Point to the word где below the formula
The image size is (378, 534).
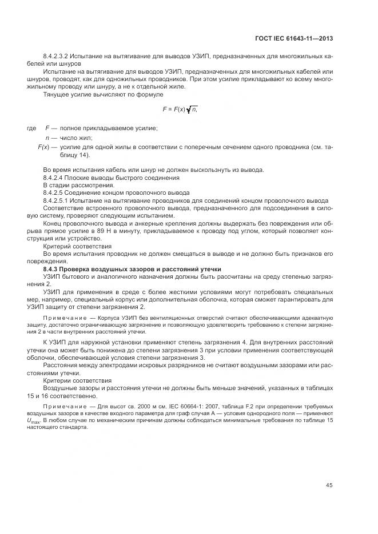click(32, 129)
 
